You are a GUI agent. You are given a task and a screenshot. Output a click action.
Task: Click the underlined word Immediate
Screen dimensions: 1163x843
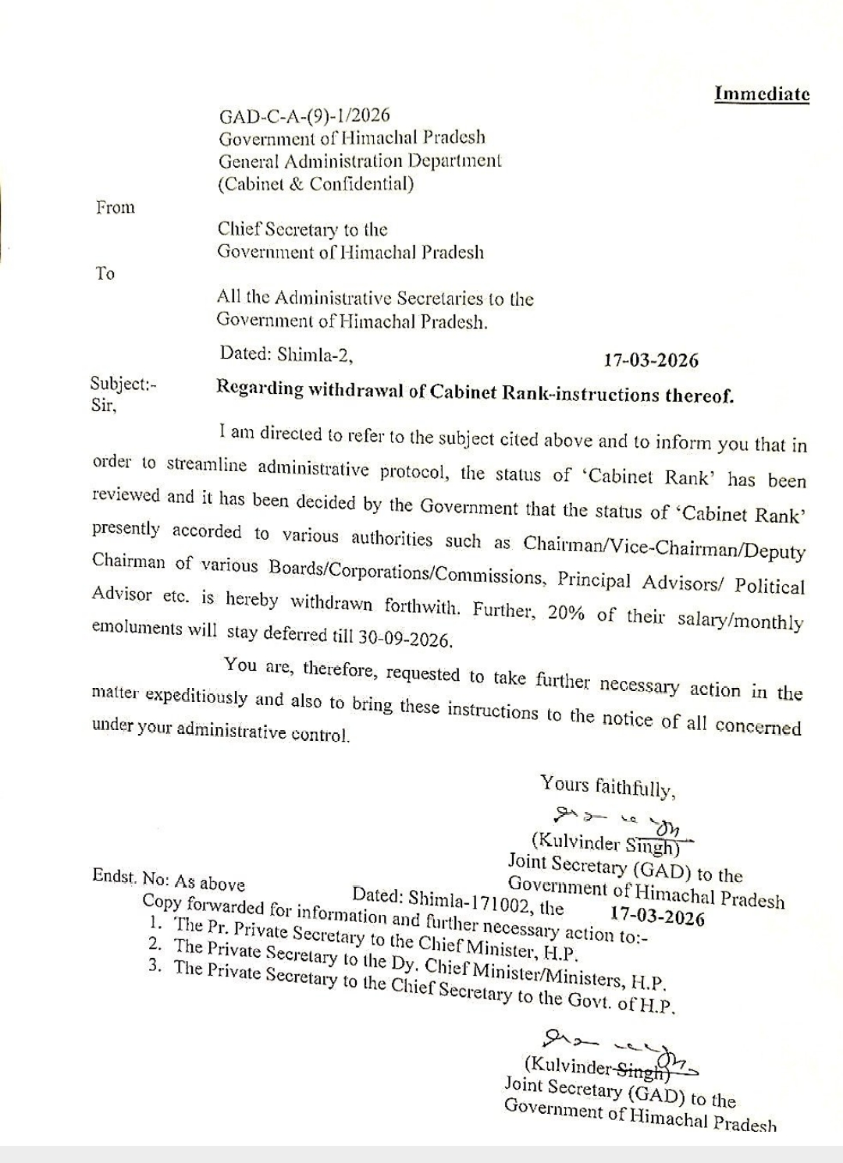pyautogui.click(x=762, y=94)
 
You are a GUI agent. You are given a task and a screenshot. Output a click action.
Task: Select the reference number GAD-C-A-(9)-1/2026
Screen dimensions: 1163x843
pyautogui.click(x=304, y=116)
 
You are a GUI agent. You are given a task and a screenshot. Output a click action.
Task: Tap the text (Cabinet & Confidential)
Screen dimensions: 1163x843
pyautogui.click(x=315, y=184)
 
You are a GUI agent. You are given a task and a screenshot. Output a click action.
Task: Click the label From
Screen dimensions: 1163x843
pyautogui.click(x=116, y=207)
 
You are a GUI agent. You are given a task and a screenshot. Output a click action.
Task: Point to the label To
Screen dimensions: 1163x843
pyautogui.click(x=105, y=273)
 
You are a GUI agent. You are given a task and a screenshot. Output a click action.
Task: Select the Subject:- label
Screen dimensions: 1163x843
pyautogui.click(x=123, y=384)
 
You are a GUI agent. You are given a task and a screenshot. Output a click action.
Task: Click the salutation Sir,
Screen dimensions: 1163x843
pyautogui.click(x=104, y=406)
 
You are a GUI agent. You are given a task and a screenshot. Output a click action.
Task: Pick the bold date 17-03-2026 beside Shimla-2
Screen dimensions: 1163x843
pyautogui.click(x=651, y=360)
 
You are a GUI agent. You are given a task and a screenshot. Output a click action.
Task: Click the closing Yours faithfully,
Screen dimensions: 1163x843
pyautogui.click(x=608, y=786)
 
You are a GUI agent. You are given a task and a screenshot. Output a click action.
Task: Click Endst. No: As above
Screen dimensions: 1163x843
pyautogui.click(x=168, y=880)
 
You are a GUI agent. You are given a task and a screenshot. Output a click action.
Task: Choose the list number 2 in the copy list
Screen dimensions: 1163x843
pyautogui.click(x=155, y=945)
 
